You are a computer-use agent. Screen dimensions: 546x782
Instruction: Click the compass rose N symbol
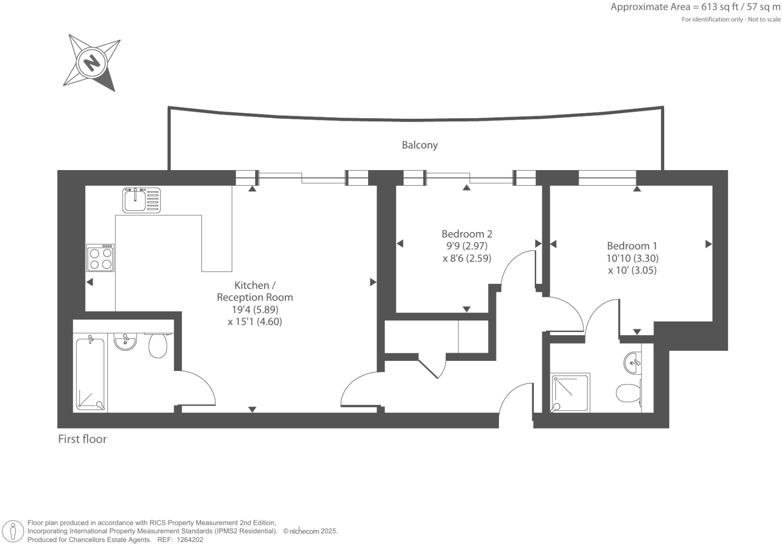tap(91, 63)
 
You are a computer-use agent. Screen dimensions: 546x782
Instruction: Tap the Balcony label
tap(419, 145)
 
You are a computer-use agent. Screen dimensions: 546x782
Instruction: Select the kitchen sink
tap(141, 200)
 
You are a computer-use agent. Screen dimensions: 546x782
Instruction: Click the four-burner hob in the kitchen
tap(100, 258)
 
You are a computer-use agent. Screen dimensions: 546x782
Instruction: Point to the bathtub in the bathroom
tap(91, 374)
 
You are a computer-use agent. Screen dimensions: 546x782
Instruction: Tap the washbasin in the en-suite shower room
tap(632, 363)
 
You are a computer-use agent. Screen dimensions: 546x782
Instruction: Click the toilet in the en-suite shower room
tap(627, 393)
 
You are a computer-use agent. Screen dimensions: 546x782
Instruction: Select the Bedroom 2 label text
tap(467, 234)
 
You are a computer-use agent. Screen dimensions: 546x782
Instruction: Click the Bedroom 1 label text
tap(632, 246)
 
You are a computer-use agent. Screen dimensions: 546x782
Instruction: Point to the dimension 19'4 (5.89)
tap(255, 309)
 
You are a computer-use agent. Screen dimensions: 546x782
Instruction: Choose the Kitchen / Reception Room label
tap(255, 291)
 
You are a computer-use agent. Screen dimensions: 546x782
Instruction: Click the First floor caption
tap(83, 439)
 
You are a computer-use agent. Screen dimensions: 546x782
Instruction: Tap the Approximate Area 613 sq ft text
tap(695, 7)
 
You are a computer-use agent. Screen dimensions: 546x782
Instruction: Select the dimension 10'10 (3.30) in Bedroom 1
tap(632, 258)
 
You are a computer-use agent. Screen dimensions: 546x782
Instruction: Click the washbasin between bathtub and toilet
tap(125, 342)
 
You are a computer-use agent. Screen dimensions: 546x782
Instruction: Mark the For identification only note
tap(731, 20)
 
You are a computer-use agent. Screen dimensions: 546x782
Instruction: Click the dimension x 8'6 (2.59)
tap(467, 258)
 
